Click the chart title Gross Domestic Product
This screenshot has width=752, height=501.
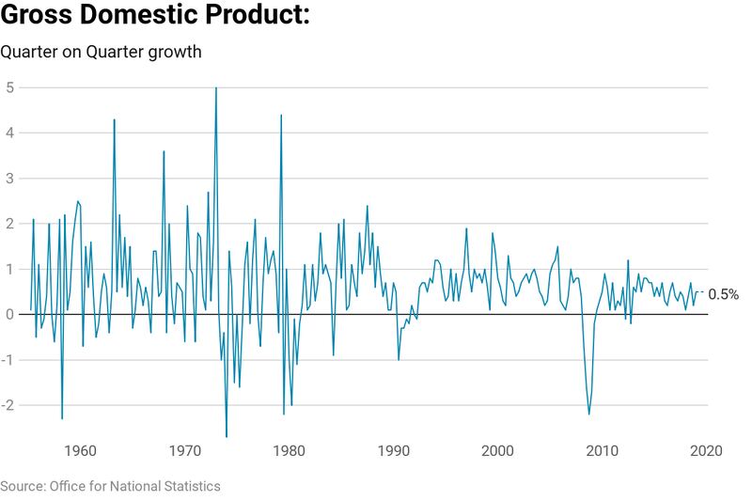(155, 17)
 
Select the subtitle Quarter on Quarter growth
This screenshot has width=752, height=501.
(101, 52)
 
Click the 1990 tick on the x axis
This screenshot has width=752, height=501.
(393, 450)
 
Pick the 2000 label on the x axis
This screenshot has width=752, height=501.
(497, 450)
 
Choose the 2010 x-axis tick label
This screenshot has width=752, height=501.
(602, 450)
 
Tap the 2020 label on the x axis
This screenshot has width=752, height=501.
(706, 450)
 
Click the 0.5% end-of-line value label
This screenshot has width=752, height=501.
(724, 294)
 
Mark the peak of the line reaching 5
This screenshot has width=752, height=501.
(216, 88)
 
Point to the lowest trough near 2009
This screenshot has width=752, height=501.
(589, 414)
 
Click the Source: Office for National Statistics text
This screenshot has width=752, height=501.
(110, 486)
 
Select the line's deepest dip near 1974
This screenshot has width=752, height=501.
(227, 436)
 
